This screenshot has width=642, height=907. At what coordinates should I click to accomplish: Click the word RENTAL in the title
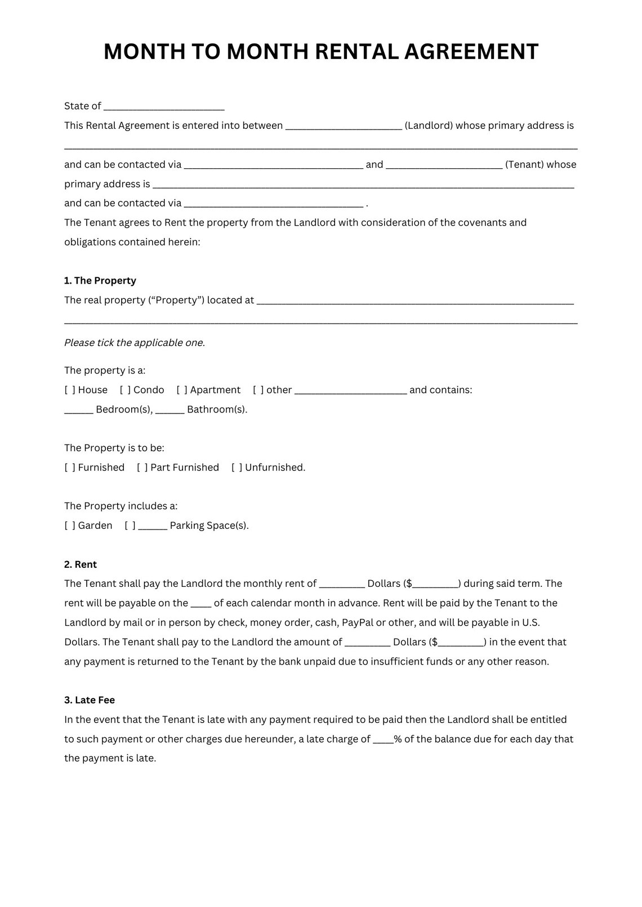[356, 52]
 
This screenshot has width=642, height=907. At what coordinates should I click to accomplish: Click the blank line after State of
[164, 107]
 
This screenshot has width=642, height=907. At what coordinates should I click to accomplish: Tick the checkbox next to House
[70, 390]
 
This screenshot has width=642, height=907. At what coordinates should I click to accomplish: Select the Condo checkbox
[125, 390]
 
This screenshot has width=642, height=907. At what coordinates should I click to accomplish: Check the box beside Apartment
[182, 390]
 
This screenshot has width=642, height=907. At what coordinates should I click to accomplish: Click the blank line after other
[350, 390]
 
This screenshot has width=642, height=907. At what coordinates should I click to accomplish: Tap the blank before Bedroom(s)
[78, 410]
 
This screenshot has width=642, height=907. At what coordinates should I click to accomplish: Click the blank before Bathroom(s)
[170, 410]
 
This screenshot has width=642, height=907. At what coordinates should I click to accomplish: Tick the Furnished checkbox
[70, 468]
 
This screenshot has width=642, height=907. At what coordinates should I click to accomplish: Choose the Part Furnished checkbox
[142, 468]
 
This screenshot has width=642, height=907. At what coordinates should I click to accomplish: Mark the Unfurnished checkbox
[237, 468]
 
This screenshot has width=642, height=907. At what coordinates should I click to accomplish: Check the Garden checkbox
[70, 526]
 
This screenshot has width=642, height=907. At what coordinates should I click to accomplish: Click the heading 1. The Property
[100, 281]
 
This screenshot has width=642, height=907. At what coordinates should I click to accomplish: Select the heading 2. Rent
[81, 564]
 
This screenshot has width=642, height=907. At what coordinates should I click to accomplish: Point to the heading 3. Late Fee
[90, 700]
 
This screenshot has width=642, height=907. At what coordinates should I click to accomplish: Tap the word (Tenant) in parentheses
[524, 164]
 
